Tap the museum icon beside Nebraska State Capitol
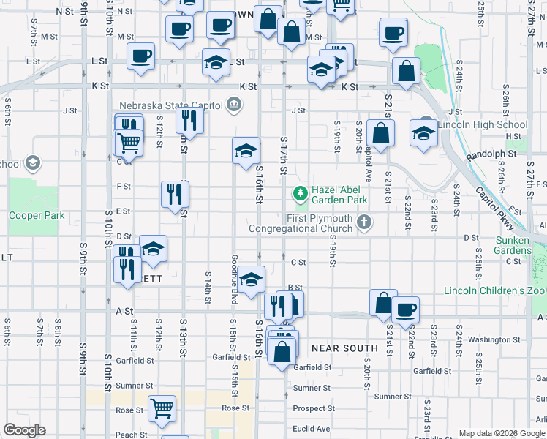233,105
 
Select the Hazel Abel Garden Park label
339,194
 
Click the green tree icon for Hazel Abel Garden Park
299,194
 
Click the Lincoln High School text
483,124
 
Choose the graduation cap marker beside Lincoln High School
423,132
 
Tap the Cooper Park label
37,216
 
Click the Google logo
25,429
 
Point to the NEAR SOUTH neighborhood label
344,348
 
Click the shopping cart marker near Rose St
162,409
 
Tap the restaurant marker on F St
175,195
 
